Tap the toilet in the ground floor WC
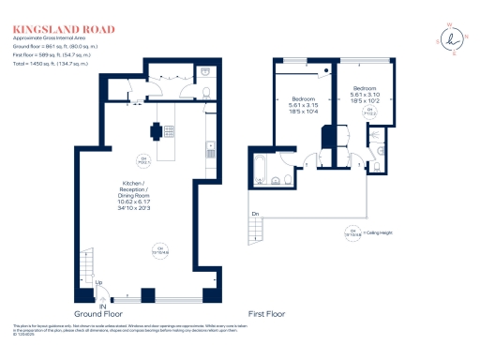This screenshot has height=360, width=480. point(205,91)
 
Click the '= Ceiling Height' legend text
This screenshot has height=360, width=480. point(380,231)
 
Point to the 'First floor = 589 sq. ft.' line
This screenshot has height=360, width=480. point(52,52)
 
